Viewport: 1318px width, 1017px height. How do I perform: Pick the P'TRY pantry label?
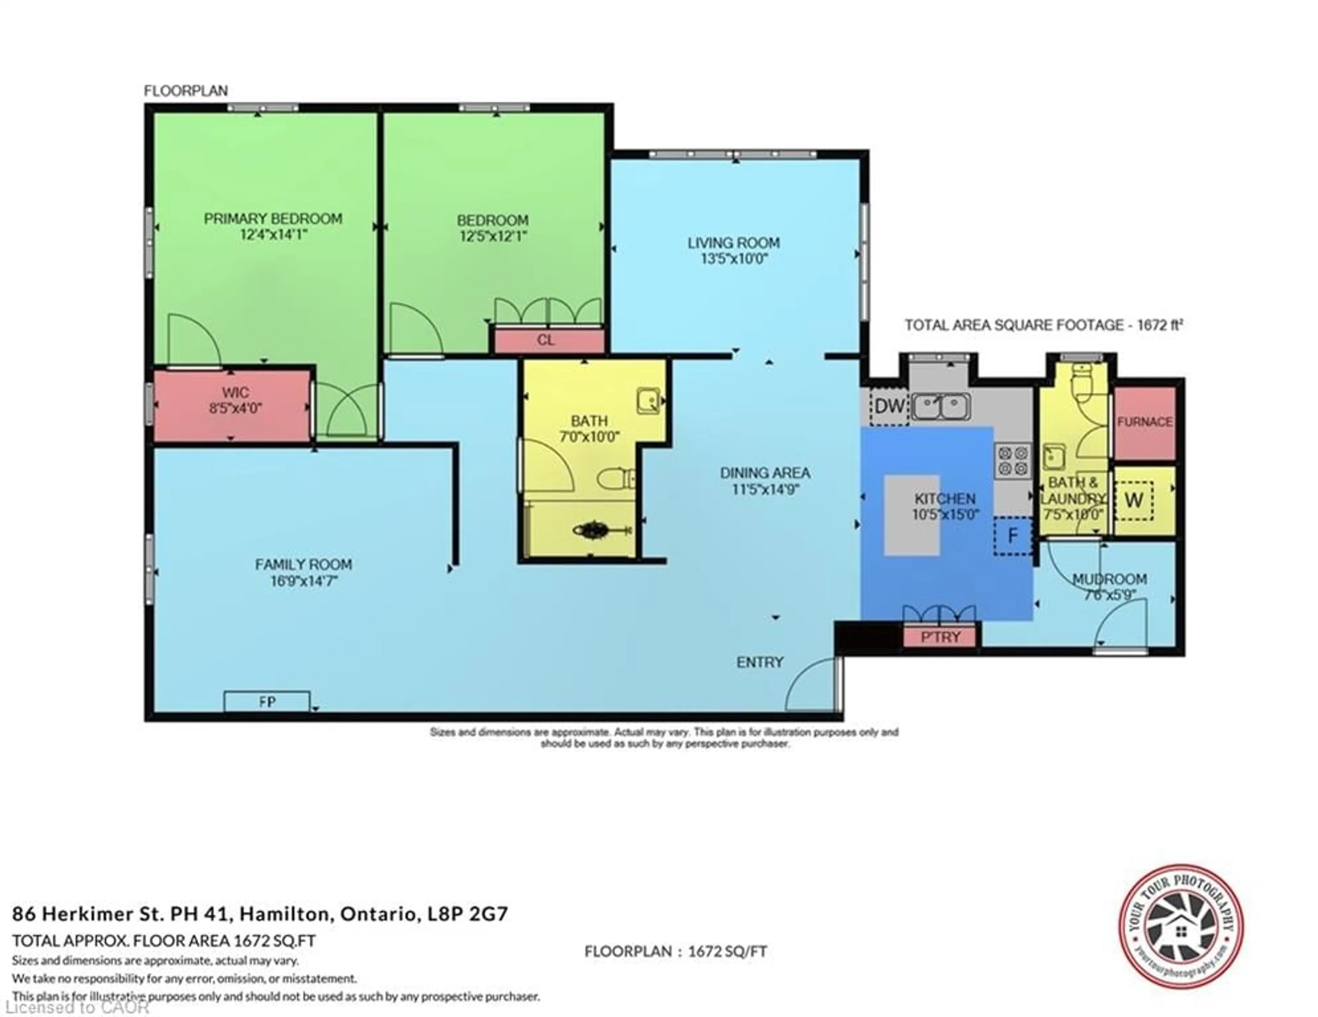(x=940, y=637)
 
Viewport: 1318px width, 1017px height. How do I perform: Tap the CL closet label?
(x=545, y=340)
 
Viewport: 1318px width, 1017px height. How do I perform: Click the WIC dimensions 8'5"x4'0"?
(x=235, y=408)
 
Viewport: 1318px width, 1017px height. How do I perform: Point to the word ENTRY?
(x=760, y=662)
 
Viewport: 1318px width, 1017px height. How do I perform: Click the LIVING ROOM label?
(x=733, y=243)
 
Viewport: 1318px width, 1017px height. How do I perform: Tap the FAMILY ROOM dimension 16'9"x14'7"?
(x=303, y=582)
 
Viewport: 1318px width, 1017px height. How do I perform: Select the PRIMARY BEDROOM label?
(x=273, y=218)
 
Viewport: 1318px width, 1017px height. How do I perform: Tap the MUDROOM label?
(x=1109, y=579)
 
